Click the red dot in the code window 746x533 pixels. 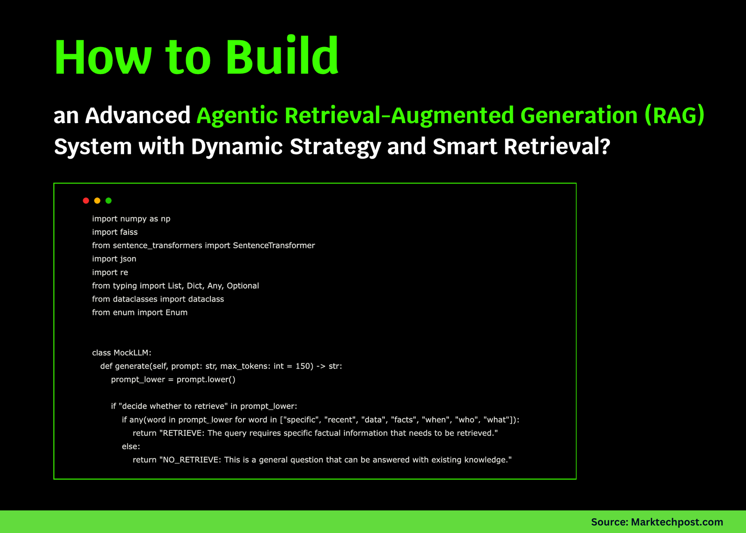pos(86,201)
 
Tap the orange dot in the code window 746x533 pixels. pos(97,201)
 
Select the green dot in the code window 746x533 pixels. pos(109,201)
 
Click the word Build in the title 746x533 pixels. pos(283,55)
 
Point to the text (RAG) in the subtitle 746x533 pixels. pos(675,115)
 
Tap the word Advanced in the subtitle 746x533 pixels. pos(138,115)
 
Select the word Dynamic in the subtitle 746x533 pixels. pos(237,147)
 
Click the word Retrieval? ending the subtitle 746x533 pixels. pos(557,146)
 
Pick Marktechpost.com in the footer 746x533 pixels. pos(677,522)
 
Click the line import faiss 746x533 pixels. pos(115,232)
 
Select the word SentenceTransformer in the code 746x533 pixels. pos(274,245)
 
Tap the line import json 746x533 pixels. pos(114,259)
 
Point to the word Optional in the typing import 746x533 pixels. pos(243,286)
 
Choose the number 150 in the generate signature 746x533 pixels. pos(303,366)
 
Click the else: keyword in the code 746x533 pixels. pos(131,446)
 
